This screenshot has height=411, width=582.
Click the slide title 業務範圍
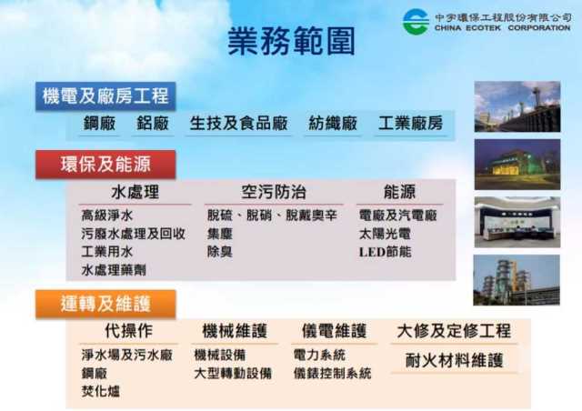[291, 41]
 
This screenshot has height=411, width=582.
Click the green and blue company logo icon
[416, 22]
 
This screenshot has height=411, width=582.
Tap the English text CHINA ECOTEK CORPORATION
[502, 28]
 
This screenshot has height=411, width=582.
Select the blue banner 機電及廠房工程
[105, 96]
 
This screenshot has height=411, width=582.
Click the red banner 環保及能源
[105, 164]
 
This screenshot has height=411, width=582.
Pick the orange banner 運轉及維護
[105, 304]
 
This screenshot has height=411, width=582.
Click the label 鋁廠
[153, 124]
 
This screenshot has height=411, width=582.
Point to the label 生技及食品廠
[238, 124]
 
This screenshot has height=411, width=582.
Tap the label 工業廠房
[410, 124]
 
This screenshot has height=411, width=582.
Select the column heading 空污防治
[274, 192]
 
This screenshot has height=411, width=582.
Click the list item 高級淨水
[107, 216]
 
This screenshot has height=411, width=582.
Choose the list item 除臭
[220, 252]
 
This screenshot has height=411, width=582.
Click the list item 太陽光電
[385, 234]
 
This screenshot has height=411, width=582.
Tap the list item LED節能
[385, 252]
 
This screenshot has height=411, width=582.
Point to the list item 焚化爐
[101, 391]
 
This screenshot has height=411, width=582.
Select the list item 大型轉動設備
[233, 373]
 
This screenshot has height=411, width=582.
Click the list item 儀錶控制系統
[332, 373]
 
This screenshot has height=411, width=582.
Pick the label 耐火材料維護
[454, 360]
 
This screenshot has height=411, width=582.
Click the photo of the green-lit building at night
[517, 165]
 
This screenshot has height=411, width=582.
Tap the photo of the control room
[517, 222]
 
